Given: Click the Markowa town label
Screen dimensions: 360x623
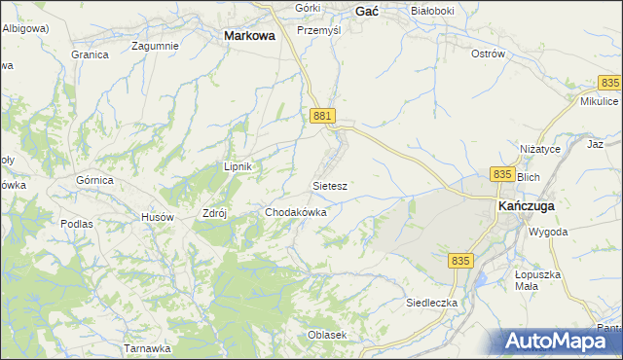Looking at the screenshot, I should (249, 34).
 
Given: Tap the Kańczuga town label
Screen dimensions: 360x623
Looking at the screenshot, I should (527, 207).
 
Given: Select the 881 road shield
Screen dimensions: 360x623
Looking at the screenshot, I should (324, 116).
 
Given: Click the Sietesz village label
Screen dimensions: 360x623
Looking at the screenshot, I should (330, 184).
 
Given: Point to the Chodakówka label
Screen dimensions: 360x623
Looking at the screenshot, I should (296, 211).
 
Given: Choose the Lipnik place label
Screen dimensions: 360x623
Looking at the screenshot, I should (238, 166).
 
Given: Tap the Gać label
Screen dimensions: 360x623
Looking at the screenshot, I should (367, 11).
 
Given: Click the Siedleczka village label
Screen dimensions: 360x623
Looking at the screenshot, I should (431, 303).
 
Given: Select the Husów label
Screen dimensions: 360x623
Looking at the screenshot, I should (157, 216).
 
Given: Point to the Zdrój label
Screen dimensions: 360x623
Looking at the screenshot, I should (212, 215).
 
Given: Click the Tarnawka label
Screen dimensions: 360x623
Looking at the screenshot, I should (147, 347).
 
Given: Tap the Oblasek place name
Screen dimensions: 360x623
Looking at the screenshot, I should (327, 335).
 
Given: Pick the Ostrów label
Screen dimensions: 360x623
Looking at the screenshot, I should (488, 54).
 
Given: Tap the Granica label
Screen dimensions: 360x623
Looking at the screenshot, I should (90, 54).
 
